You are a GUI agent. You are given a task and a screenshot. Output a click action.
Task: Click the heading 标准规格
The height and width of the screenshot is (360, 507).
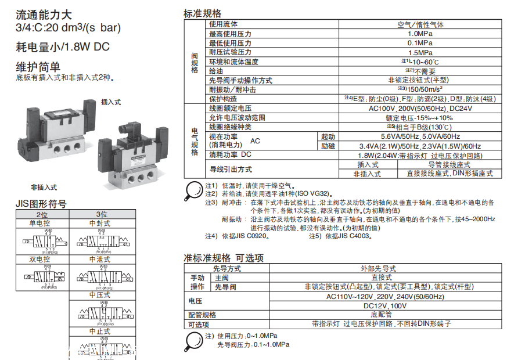(202, 13)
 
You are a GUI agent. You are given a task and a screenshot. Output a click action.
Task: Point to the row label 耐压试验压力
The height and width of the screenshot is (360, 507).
(231, 52)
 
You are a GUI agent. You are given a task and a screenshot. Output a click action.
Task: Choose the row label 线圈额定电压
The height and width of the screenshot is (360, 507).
(231, 109)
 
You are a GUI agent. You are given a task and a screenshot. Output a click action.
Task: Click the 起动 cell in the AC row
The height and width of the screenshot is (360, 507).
(328, 136)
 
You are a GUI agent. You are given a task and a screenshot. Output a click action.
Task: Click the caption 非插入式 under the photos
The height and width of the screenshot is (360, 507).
(45, 187)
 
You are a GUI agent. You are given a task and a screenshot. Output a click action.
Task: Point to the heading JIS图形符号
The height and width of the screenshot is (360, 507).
(41, 204)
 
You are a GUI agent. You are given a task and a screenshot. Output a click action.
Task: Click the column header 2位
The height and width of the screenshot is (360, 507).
(42, 214)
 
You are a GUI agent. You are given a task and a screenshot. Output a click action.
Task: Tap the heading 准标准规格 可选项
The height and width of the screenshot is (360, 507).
(224, 258)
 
